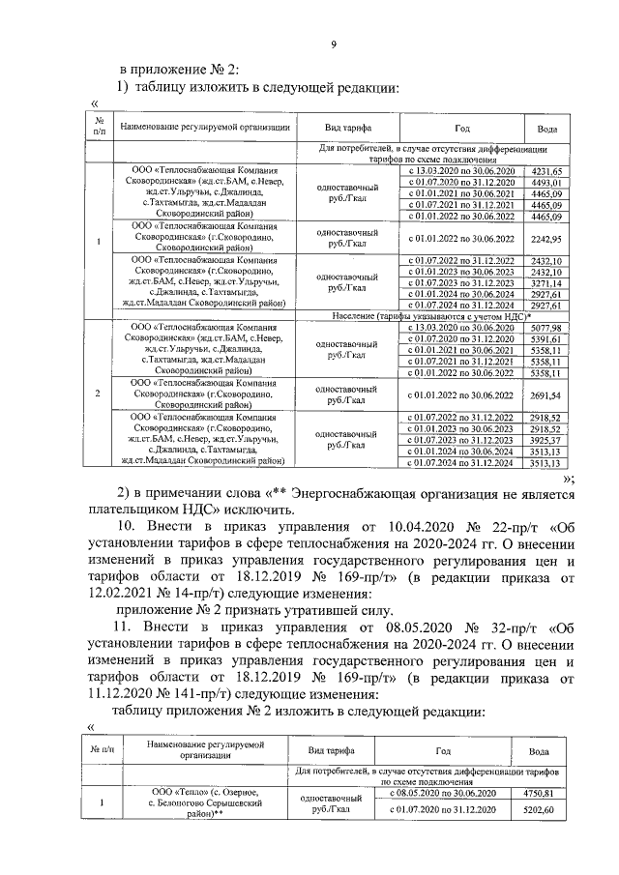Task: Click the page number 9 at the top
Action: point(332,44)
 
